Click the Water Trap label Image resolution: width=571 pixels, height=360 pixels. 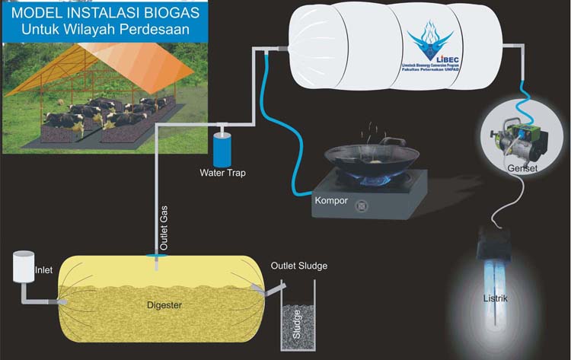coord(222,173)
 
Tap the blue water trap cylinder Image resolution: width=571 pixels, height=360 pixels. coord(223,148)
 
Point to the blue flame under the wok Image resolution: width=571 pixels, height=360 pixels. coord(376,182)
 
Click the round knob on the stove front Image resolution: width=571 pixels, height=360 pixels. coord(363,203)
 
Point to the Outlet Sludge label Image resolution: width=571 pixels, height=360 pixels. coord(299,266)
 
